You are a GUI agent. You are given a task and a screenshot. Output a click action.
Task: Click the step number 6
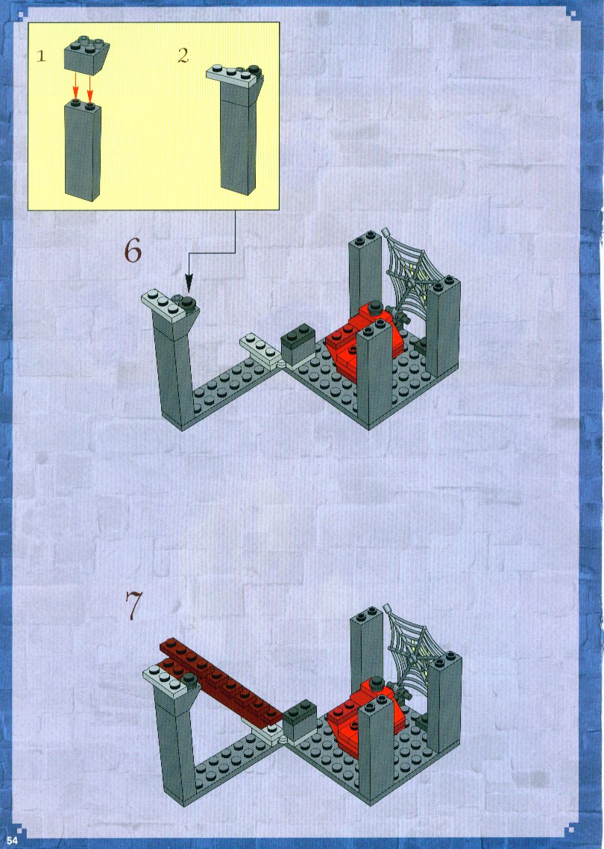click(133, 250)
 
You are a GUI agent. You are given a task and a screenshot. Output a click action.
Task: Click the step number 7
click(133, 604)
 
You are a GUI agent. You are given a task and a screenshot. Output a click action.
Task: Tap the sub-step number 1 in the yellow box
click(41, 56)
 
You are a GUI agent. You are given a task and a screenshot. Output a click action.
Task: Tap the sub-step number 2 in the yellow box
click(183, 55)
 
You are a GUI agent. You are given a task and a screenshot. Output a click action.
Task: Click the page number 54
click(13, 840)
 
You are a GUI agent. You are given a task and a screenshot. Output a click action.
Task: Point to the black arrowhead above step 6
click(189, 283)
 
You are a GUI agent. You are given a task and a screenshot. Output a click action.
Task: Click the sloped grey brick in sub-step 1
click(86, 54)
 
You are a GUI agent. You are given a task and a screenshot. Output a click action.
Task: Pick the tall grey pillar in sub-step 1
click(82, 149)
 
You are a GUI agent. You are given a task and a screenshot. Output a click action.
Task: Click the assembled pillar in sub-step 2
click(237, 130)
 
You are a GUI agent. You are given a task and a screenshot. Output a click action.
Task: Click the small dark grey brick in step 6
click(299, 345)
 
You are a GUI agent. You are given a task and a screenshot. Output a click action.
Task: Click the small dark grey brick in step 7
click(299, 721)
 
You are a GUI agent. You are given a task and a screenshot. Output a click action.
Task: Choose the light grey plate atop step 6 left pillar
click(169, 306)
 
